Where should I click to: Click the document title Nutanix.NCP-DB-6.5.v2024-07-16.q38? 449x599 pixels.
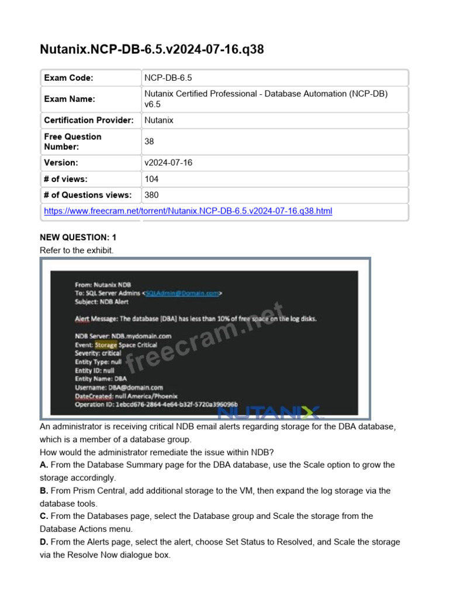coord(151,49)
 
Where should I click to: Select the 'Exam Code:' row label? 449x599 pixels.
coord(69,78)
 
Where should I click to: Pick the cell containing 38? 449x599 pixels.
coord(149,142)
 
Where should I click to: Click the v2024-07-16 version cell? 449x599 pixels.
coord(168,163)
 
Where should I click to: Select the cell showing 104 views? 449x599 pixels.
coord(151,179)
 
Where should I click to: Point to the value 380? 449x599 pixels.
coord(151,195)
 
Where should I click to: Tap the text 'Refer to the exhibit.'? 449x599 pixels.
coord(76,250)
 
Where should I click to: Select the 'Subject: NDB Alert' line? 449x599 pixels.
coord(102,302)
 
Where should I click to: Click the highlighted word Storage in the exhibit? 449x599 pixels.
coord(106,345)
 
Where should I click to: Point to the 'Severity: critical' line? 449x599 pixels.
coord(98,353)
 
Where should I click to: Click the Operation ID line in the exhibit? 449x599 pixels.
coord(156,404)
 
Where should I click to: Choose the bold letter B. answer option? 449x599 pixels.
coord(44,491)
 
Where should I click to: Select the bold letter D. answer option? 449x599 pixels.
coord(44,542)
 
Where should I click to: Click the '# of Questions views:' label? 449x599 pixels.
coord(88,195)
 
